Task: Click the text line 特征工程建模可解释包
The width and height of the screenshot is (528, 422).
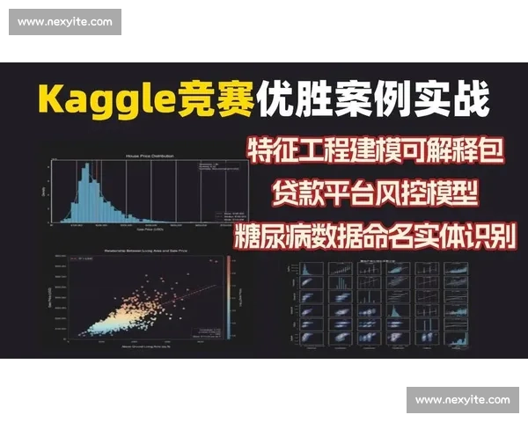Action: [375, 151]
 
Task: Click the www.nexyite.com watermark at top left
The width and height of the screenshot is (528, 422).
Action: [66, 21]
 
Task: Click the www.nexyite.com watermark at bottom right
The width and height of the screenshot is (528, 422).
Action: [462, 400]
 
